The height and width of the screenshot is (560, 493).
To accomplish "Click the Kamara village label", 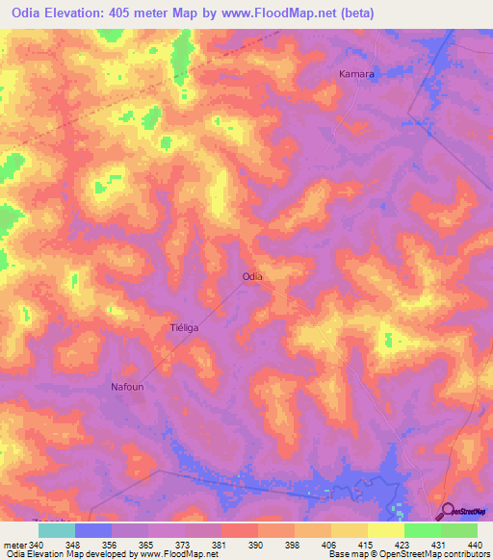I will coord(356,73).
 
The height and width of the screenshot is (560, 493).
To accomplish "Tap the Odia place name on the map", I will coord(252,276).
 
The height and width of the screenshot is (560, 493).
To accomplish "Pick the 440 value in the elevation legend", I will coord(476,544).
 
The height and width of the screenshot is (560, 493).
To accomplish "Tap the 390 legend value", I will coord(255,544).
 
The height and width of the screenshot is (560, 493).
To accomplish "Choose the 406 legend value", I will coord(328,544).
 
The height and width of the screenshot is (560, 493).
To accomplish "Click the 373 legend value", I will coord(182,544).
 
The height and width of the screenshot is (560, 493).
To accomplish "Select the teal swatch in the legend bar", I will coord(56,530).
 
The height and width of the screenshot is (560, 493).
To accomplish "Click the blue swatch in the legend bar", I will coord(92,530).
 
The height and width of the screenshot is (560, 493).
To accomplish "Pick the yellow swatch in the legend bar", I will coord(385,530).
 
